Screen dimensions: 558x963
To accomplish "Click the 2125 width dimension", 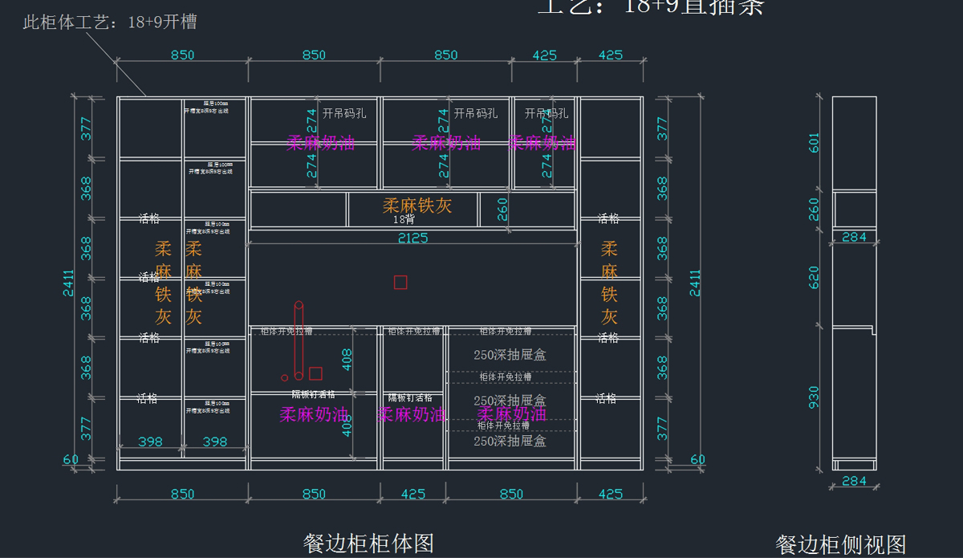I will coord(413,238).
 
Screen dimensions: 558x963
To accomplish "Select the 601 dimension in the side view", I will coord(815,142).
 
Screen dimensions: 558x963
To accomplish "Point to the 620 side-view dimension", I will coord(815,277).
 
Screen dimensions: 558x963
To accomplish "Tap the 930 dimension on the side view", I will coord(815,397).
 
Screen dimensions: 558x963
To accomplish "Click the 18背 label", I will coord(404,219).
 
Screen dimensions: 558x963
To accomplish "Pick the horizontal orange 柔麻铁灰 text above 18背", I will coord(417,206).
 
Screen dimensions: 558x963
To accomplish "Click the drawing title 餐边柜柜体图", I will coord(368,544).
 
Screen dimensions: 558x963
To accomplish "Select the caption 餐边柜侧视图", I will coord(840,545).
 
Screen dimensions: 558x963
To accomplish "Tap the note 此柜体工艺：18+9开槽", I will coord(110,22).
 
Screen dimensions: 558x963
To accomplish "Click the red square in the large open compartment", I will coord(400,282).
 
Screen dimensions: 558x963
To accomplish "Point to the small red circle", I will coord(284,377).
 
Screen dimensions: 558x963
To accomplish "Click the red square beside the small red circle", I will coord(315,373).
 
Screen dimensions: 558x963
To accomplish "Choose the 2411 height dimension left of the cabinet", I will coord(69,283).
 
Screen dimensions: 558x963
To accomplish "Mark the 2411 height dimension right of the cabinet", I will coord(695,283).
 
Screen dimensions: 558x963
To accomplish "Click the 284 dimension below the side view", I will coord(854,482).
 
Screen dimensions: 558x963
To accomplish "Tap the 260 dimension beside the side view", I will coord(815,209).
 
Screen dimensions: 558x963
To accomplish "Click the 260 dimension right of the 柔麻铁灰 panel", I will coord(502,210).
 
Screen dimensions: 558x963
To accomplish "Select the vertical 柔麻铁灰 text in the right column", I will coord(609,283).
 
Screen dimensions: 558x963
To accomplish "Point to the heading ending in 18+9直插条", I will coord(650,7).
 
